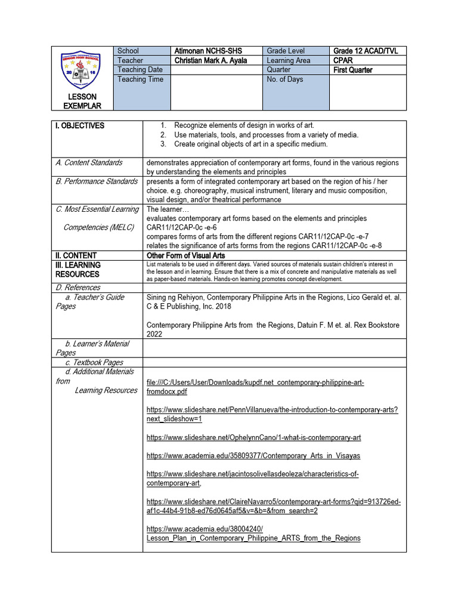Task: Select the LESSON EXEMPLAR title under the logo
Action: [x=82, y=101]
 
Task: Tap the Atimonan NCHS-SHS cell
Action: [x=208, y=51]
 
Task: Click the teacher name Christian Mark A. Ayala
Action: [x=211, y=61]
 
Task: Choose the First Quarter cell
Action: [x=353, y=70]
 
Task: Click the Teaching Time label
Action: [x=140, y=79]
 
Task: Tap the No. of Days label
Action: [x=285, y=79]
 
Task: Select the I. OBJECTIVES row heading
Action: [x=80, y=126]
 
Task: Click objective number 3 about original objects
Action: [x=250, y=144]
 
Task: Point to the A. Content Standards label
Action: [x=89, y=162]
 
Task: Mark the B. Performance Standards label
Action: [x=97, y=181]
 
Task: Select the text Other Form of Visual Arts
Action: [x=185, y=255]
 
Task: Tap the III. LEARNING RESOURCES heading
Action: [x=78, y=270]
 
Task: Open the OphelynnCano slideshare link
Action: [x=253, y=438]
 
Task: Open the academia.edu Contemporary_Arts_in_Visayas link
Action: [x=253, y=456]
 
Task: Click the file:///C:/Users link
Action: [x=255, y=387]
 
